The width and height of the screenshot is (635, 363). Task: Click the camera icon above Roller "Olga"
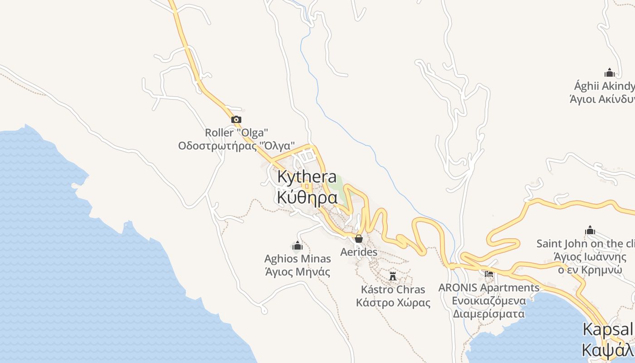click(236, 120)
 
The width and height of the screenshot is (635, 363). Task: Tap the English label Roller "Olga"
click(236, 133)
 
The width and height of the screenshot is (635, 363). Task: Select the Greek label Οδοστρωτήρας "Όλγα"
click(236, 146)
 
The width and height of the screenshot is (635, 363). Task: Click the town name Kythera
click(307, 177)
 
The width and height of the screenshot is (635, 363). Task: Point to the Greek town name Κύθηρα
click(307, 198)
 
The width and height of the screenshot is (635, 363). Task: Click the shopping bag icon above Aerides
click(359, 239)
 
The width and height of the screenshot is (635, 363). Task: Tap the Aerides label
click(359, 252)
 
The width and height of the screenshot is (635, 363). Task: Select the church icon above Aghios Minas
click(298, 246)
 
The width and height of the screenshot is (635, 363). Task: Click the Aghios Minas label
click(298, 259)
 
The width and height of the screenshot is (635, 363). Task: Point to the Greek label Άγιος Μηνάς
click(298, 272)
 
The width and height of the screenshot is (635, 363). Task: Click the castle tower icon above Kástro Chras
click(393, 276)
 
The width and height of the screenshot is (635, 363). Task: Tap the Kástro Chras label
click(393, 289)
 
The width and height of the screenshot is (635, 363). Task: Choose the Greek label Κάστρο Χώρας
click(393, 303)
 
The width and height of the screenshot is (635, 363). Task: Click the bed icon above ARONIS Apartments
click(488, 274)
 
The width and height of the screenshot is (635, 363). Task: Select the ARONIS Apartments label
click(488, 288)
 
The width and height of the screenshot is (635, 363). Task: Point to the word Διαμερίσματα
click(488, 314)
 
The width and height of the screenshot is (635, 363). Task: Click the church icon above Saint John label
click(590, 231)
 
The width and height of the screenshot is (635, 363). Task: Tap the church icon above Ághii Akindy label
click(609, 73)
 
